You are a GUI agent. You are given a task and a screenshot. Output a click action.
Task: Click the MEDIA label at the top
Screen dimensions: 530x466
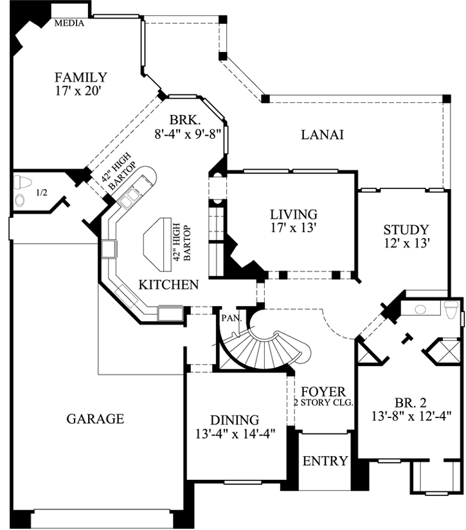[70, 24]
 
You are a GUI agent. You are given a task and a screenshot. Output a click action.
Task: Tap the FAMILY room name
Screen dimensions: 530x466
[80, 77]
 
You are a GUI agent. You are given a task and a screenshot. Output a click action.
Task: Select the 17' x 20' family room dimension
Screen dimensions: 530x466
[80, 91]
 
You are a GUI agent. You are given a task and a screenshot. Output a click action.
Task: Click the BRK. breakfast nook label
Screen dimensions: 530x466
[186, 120]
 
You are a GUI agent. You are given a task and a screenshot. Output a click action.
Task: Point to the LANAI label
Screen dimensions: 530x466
[322, 135]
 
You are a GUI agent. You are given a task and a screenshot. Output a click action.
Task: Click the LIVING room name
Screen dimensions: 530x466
[293, 214]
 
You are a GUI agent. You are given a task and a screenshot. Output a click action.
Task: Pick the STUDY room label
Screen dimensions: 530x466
[406, 230]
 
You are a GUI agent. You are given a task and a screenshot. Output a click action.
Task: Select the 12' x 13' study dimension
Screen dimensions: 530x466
[406, 243]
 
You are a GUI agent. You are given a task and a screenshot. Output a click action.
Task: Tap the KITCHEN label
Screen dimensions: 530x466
[169, 284]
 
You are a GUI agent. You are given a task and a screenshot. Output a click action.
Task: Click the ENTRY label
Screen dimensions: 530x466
[325, 461]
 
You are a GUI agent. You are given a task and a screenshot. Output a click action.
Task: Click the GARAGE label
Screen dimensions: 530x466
[95, 419]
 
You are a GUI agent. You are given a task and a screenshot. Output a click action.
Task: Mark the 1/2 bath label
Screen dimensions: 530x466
[41, 192]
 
